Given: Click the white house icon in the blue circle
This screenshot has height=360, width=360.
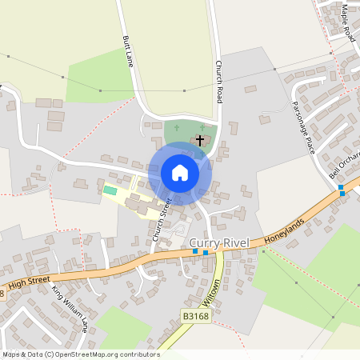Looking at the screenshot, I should (179, 173).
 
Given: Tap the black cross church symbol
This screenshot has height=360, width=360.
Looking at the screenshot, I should (199, 139).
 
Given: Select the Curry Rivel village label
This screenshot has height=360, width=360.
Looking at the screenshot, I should (219, 242).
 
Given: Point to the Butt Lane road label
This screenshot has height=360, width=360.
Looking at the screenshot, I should (126, 50).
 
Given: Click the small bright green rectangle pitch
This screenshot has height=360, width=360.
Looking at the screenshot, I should (110, 190).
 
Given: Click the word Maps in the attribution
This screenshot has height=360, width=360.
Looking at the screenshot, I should (11, 354).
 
